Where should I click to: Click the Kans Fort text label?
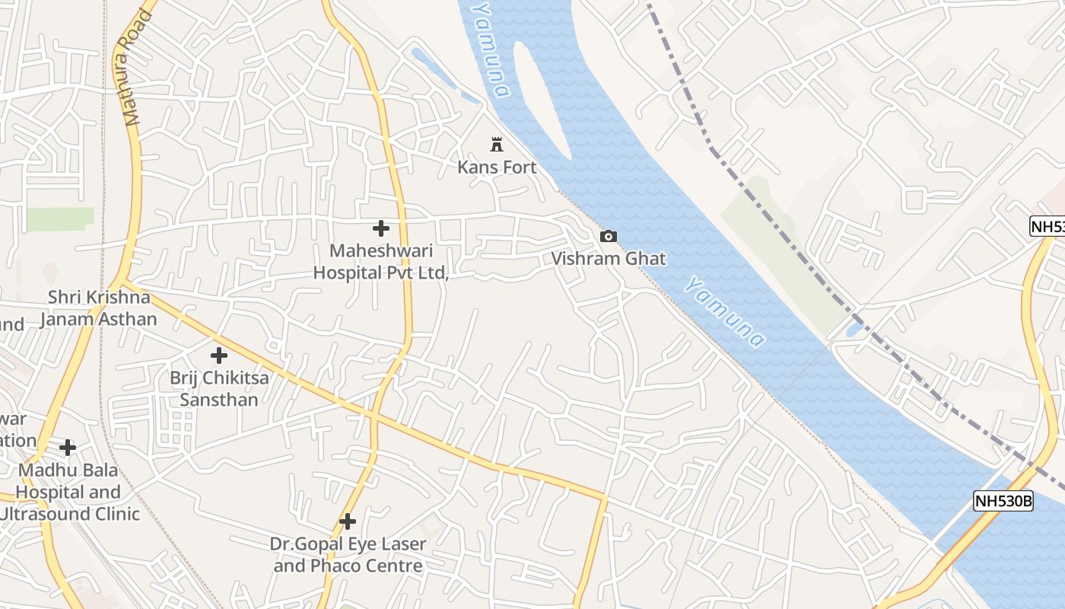pyautogui.click(x=497, y=167)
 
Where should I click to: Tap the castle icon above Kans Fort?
pyautogui.click(x=497, y=144)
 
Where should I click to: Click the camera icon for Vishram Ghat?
pyautogui.click(x=608, y=236)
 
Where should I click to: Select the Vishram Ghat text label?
pyautogui.click(x=608, y=259)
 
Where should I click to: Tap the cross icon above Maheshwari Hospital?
pyautogui.click(x=381, y=228)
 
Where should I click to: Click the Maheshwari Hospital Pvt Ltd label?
pyautogui.click(x=381, y=261)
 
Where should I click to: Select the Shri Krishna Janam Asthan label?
pyautogui.click(x=98, y=308)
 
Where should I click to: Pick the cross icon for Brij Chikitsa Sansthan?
pyautogui.click(x=219, y=355)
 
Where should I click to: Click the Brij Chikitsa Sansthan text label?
pyautogui.click(x=218, y=388)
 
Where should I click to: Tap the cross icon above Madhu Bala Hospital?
pyautogui.click(x=68, y=447)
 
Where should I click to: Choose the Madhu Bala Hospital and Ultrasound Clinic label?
pyautogui.click(x=69, y=492)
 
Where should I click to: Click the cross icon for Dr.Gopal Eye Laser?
pyautogui.click(x=348, y=521)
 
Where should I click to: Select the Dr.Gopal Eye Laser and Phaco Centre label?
pyautogui.click(x=348, y=555)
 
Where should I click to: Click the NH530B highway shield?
pyautogui.click(x=1003, y=501)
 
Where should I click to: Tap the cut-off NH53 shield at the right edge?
pyautogui.click(x=1048, y=226)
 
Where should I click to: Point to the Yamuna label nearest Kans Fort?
pyautogui.click(x=490, y=49)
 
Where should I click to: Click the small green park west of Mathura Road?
pyautogui.click(x=60, y=218)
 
